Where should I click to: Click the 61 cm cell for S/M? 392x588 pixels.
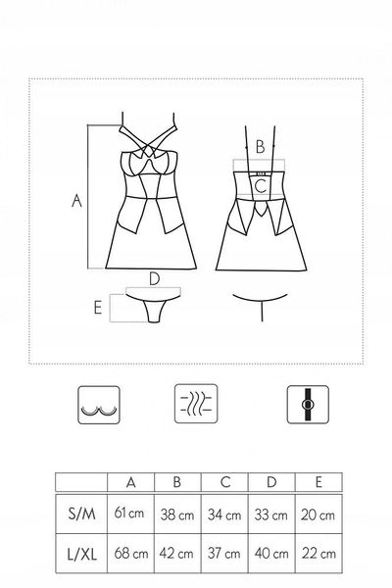tap(129, 513)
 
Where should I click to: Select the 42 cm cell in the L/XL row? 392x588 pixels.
tap(176, 553)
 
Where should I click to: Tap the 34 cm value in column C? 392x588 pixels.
tap(224, 514)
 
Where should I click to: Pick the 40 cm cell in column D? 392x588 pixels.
tap(271, 553)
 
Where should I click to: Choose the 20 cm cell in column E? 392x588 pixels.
tap(318, 514)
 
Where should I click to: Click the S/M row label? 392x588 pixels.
tap(81, 514)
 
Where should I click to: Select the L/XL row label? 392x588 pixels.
tap(81, 554)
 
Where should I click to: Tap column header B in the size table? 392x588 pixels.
tap(177, 481)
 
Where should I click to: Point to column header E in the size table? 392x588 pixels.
tap(318, 481)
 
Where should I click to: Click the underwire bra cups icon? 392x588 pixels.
tap(99, 405)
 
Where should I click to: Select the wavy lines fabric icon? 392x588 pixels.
tap(196, 404)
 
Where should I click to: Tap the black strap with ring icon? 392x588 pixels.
tap(308, 405)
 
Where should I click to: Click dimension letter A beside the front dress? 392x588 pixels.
tap(76, 200)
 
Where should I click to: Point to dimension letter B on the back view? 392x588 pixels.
tap(260, 146)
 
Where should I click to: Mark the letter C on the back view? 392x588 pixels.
tap(261, 186)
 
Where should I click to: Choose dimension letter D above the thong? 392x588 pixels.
tap(154, 279)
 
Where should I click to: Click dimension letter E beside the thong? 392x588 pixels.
tap(98, 308)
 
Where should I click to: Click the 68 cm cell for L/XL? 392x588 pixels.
tap(131, 553)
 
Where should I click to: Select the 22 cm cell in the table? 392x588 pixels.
tap(318, 553)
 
